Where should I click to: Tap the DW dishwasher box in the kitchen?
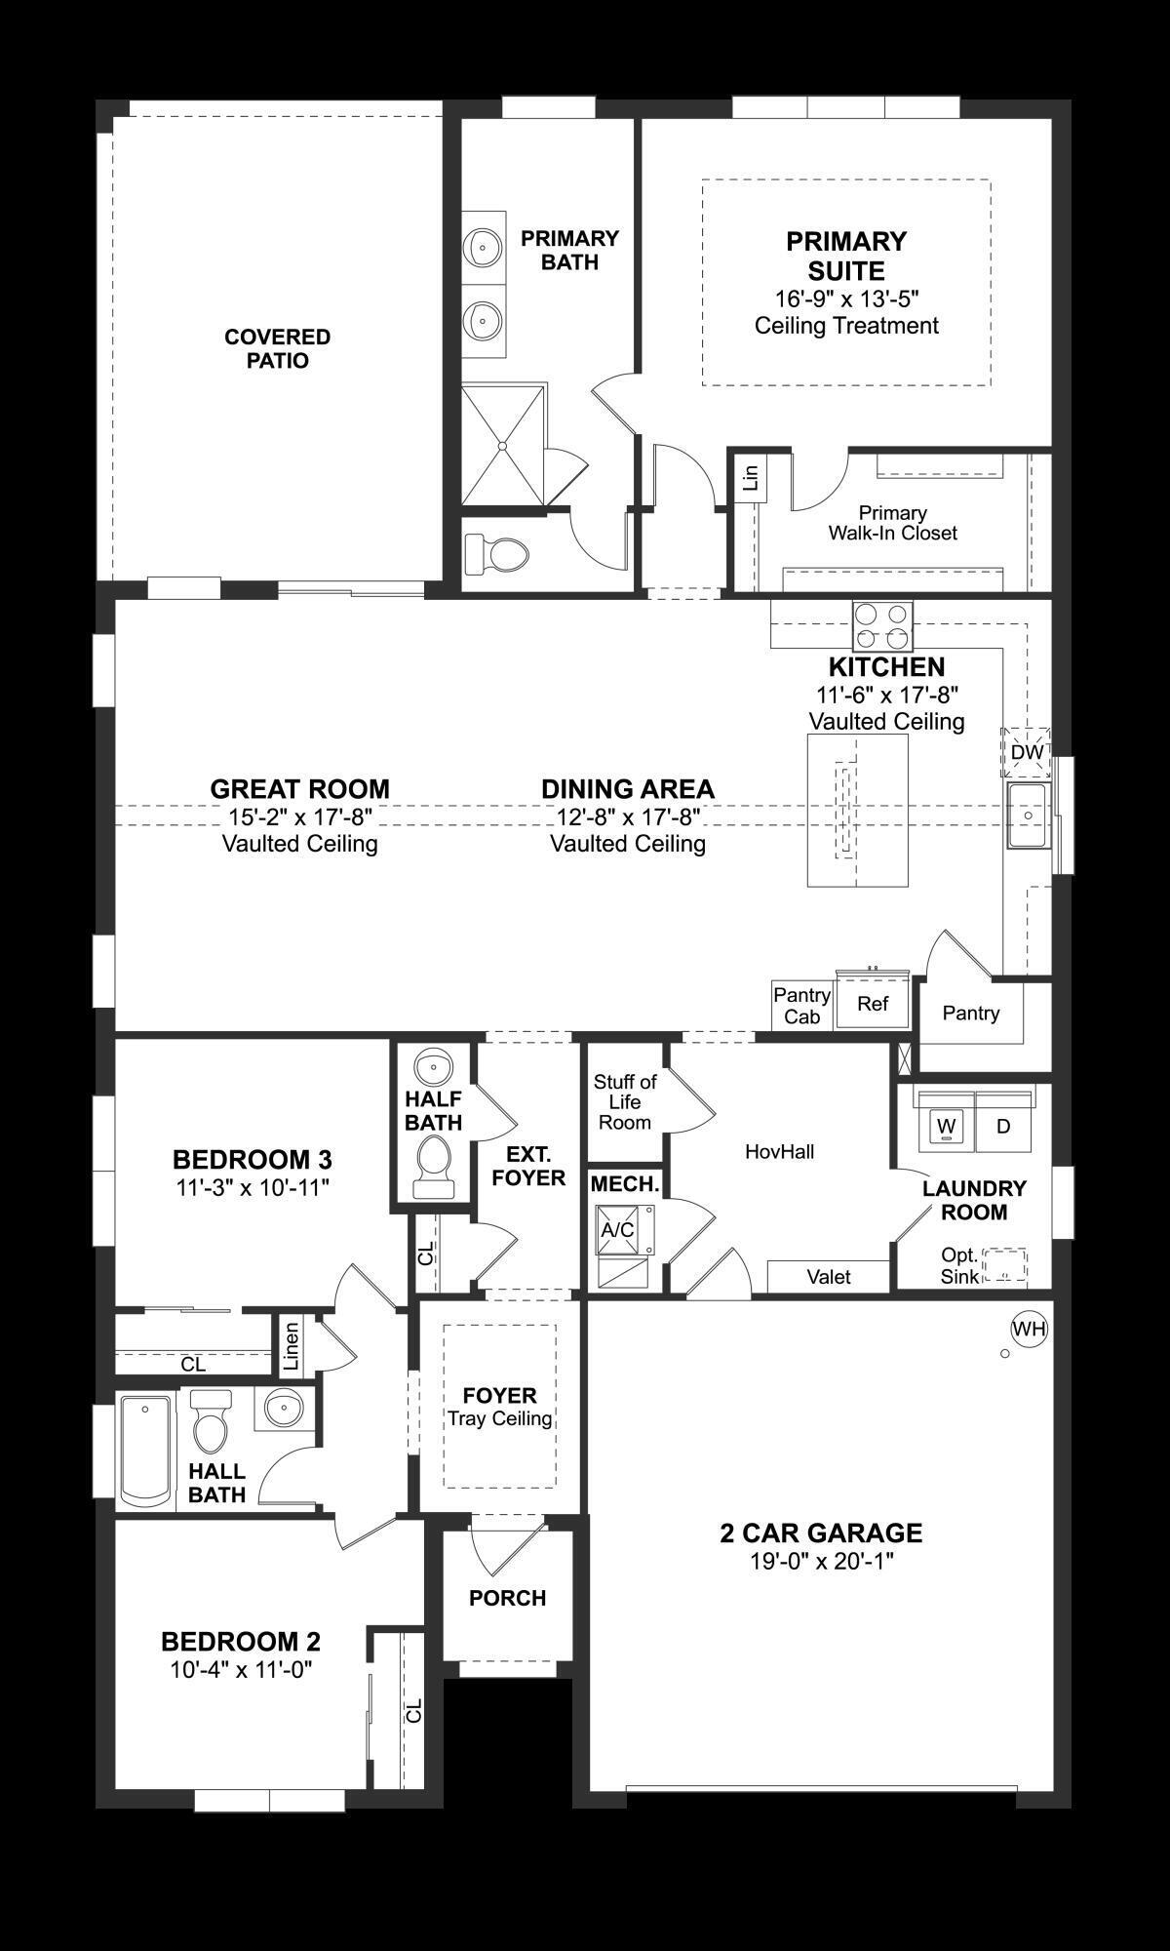pyautogui.click(x=1026, y=752)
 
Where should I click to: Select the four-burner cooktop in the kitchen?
pyautogui.click(x=883, y=626)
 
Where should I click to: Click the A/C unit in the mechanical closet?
pyautogui.click(x=617, y=1230)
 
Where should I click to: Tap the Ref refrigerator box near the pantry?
pyautogui.click(x=873, y=1004)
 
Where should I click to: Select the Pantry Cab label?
pyautogui.click(x=802, y=1006)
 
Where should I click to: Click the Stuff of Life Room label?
pyautogui.click(x=625, y=1101)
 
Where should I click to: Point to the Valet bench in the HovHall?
pyautogui.click(x=829, y=1276)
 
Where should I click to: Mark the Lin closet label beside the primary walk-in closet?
pyautogui.click(x=750, y=478)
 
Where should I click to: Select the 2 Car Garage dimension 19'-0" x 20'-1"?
pyautogui.click(x=822, y=1562)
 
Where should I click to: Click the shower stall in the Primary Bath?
pyautogui.click(x=502, y=445)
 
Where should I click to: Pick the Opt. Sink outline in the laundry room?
pyautogui.click(x=1004, y=1265)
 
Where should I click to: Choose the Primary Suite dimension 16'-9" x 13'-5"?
pyautogui.click(x=846, y=299)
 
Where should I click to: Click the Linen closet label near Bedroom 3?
pyautogui.click(x=291, y=1346)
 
